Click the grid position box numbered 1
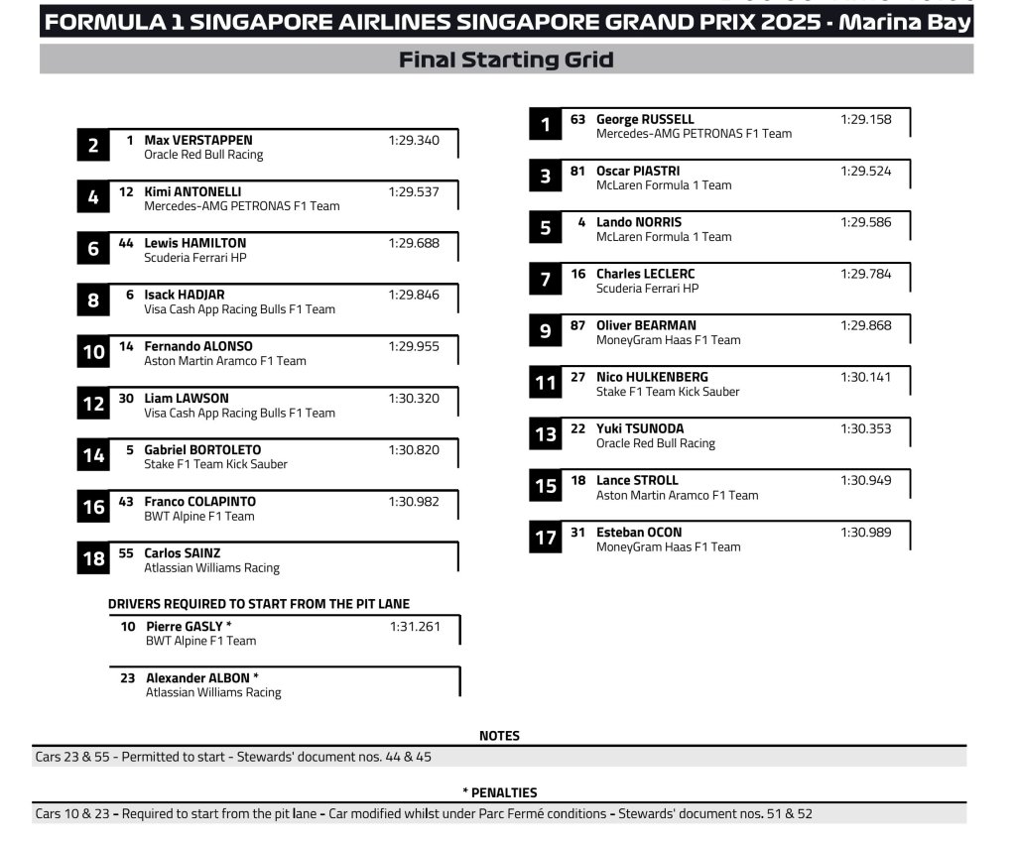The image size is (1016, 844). pyautogui.click(x=545, y=125)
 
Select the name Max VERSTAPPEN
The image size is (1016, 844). pyautogui.click(x=198, y=140)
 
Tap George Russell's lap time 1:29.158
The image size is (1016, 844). pyautogui.click(x=865, y=119)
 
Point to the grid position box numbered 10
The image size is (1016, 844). pyautogui.click(x=93, y=352)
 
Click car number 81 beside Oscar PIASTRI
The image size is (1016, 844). pyautogui.click(x=577, y=171)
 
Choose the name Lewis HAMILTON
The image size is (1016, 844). pyautogui.click(x=195, y=243)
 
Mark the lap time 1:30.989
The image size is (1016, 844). pyautogui.click(x=865, y=533)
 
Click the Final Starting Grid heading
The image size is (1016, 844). pyautogui.click(x=506, y=60)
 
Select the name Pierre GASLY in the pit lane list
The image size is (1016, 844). pyautogui.click(x=186, y=626)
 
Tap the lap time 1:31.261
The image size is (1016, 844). pyautogui.click(x=415, y=626)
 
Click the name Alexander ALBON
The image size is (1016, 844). pyautogui.click(x=198, y=678)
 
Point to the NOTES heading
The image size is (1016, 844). pyautogui.click(x=499, y=736)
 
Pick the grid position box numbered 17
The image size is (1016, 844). pyautogui.click(x=545, y=539)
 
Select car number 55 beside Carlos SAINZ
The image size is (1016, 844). pyautogui.click(x=126, y=553)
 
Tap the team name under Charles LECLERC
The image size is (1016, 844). pyautogui.click(x=647, y=289)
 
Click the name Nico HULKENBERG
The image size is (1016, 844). pyautogui.click(x=652, y=377)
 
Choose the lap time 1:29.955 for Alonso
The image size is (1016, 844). pyautogui.click(x=414, y=346)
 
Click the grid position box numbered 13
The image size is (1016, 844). pyautogui.click(x=545, y=434)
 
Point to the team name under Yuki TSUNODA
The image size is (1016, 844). pyautogui.click(x=655, y=443)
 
